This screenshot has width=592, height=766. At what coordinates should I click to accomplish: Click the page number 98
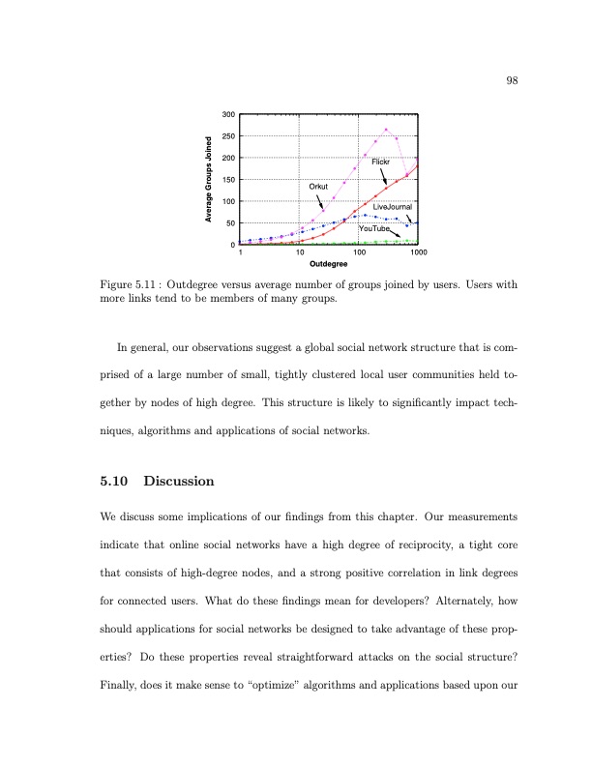click(x=512, y=80)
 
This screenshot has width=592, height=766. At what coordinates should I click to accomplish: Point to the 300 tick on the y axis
click(x=229, y=115)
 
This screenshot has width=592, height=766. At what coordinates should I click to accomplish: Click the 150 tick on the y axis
click(x=229, y=180)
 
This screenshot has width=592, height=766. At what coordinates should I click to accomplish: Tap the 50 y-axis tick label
click(x=231, y=223)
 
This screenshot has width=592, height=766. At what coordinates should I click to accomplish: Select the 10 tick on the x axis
click(x=300, y=252)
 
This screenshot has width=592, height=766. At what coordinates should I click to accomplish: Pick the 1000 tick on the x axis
click(x=418, y=252)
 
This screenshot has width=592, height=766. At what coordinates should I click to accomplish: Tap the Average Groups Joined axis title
click(x=208, y=180)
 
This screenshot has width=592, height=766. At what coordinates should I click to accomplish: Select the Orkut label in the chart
click(x=318, y=185)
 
